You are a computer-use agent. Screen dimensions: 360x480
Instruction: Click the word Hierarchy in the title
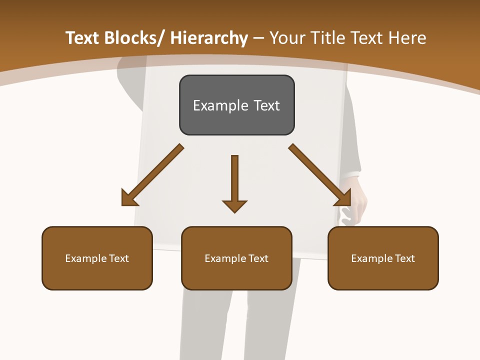(209, 38)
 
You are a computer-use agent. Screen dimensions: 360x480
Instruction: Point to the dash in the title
(258, 38)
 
